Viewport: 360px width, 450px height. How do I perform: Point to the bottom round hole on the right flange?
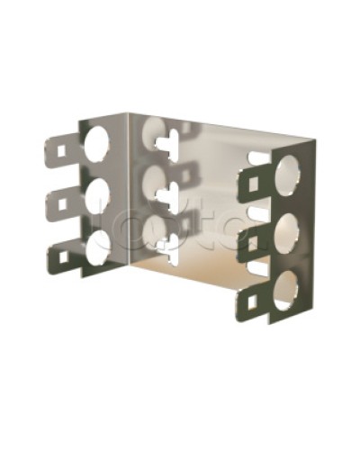[x=285, y=291]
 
